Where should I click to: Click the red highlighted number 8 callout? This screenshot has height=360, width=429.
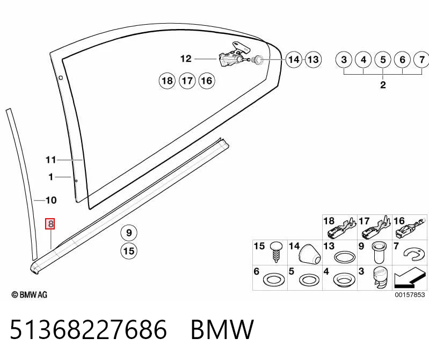coord(50,224)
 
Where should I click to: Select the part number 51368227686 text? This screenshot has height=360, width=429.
coord(89,329)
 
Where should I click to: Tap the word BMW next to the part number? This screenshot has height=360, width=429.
coord(222,329)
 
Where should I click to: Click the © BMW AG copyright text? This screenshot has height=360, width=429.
coord(30,294)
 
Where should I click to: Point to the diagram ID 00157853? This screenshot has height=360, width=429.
coord(410,294)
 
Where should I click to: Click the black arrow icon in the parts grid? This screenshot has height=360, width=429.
coord(410,278)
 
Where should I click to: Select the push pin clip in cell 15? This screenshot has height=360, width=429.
coord(277,252)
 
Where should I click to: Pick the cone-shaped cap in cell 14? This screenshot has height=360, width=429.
coord(310,253)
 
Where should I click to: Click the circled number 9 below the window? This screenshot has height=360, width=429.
coord(129,233)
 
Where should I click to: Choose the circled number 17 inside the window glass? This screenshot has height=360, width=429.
coord(187,81)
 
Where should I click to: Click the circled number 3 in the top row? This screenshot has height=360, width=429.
coord(344,60)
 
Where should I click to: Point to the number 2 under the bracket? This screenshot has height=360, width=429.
coord(383,84)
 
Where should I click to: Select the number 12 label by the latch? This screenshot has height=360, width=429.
coord(186,59)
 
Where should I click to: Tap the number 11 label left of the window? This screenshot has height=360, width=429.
coord(50,160)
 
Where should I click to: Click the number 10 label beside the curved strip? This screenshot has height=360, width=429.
coord(51,200)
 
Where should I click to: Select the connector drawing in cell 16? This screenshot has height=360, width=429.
coord(410,229)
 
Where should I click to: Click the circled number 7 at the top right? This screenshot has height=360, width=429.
coord(421,60)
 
